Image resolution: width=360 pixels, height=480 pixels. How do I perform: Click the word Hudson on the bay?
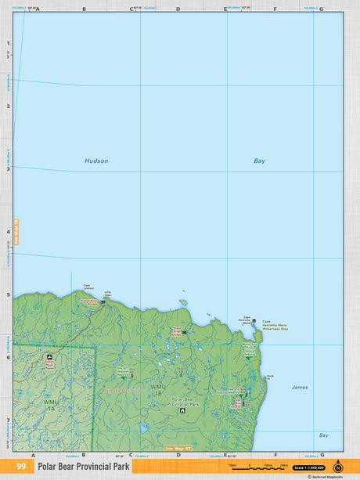coord(96,161)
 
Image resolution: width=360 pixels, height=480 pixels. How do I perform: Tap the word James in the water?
coord(300,387)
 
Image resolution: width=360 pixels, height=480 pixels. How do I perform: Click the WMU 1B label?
coord(159,389)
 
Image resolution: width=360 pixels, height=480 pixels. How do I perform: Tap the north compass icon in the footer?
coord(338,466)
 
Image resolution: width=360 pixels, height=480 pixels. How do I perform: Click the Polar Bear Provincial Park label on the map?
coord(182,401)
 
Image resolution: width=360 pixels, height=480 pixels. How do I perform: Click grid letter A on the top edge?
coord(38,9)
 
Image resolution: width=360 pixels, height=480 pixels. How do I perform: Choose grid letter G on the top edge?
coord(321,9)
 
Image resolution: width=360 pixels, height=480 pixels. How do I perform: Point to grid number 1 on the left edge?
coord(9,44)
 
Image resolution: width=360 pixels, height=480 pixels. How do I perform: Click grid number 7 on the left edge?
coord(9,421)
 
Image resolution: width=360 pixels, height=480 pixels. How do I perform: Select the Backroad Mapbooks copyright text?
coord(326,475)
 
